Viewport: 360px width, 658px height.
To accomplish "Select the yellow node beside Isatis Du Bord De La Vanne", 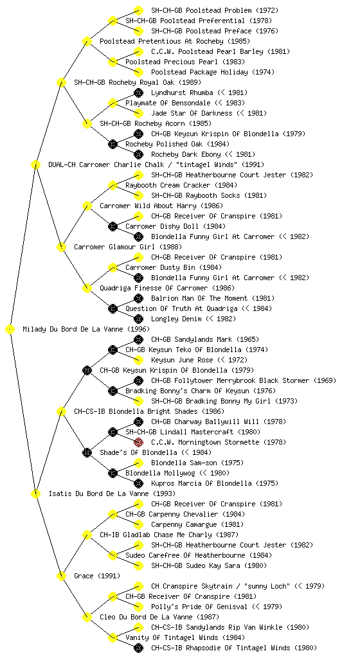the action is point(35,493).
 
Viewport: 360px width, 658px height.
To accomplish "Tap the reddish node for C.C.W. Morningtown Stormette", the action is point(138,442).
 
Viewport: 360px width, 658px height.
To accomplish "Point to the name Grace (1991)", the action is point(97,576).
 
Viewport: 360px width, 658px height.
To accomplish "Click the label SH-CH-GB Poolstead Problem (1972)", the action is point(215,10).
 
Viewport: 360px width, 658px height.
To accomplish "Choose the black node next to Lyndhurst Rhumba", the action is point(138,93).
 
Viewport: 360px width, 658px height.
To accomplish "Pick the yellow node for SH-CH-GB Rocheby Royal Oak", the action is point(61,82).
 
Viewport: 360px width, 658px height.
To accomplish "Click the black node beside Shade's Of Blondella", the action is point(87,452).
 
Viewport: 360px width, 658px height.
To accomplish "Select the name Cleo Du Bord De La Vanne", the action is point(146,617).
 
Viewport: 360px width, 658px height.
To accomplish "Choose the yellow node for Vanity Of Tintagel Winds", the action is point(113,637).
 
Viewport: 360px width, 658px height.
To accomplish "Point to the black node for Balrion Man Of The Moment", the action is point(138,298).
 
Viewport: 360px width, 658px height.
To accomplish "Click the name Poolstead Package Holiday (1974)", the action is point(213,72).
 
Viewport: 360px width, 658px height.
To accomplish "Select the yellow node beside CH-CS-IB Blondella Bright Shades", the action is point(61,411).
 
